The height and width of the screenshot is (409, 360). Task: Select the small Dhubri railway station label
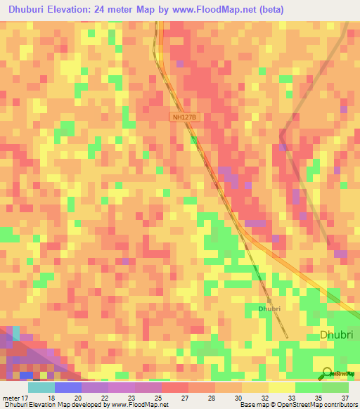pyautogui.click(x=269, y=309)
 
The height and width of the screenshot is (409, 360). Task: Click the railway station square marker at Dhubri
pyautogui.click(x=269, y=300)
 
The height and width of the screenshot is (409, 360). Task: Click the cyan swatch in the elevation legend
pyautogui.click(x=41, y=387)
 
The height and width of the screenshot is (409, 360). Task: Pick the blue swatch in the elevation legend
pyautogui.click(x=68, y=387)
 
